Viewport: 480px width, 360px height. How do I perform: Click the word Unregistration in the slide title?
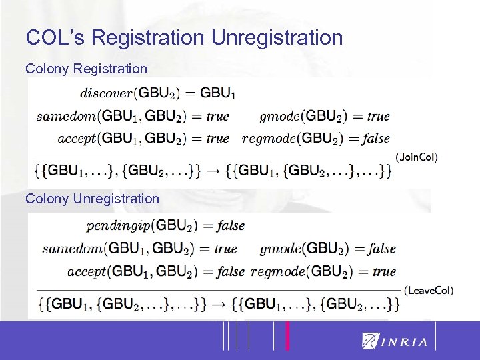point(277,37)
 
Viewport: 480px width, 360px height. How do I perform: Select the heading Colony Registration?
point(86,69)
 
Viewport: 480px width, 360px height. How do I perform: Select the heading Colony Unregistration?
point(92,199)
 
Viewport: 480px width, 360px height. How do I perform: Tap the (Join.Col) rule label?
point(417,157)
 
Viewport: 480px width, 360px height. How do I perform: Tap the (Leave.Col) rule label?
point(429,290)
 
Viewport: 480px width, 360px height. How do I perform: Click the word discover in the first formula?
point(105,93)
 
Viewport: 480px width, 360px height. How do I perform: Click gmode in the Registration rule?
point(279,116)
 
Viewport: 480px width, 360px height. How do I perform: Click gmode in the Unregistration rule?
point(281,249)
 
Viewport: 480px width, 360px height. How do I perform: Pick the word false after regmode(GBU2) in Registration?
point(376,139)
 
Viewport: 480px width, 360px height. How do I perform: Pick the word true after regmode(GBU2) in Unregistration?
point(384,271)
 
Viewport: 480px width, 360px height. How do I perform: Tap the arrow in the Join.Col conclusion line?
point(212,171)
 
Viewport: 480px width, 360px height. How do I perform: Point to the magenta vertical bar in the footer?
point(287,335)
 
